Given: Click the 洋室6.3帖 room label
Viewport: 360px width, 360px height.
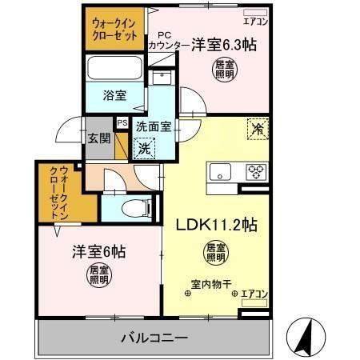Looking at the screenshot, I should (x=224, y=46).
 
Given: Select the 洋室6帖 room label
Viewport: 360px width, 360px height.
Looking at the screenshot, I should (x=94, y=251).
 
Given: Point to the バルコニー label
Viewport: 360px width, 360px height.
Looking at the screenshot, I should (x=154, y=336).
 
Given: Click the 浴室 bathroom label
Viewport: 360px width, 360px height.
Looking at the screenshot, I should (x=115, y=94).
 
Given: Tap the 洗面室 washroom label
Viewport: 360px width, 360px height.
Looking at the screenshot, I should (x=151, y=126).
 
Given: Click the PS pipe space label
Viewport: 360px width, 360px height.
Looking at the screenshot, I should (x=122, y=123).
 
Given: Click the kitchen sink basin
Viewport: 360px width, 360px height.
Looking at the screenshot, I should (x=219, y=171).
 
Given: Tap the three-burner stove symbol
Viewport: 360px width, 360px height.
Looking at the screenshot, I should (x=255, y=170).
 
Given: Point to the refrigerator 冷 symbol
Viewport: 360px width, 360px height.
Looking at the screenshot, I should (x=258, y=128).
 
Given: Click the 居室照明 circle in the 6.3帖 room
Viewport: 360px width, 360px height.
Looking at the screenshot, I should (x=225, y=70).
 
